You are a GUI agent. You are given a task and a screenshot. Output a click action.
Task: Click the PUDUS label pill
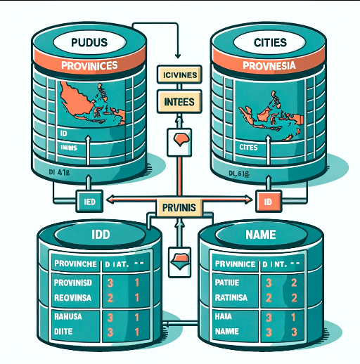click(x=89, y=44)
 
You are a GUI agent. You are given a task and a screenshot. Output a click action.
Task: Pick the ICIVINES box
click(x=178, y=74)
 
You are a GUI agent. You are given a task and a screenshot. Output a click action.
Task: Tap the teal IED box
click(x=89, y=200)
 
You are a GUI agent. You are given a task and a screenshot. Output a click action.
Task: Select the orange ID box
click(x=268, y=201)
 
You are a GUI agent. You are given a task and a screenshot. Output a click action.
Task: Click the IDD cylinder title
click(x=90, y=233)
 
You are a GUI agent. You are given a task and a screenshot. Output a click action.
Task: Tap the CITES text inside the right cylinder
click(x=248, y=148)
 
